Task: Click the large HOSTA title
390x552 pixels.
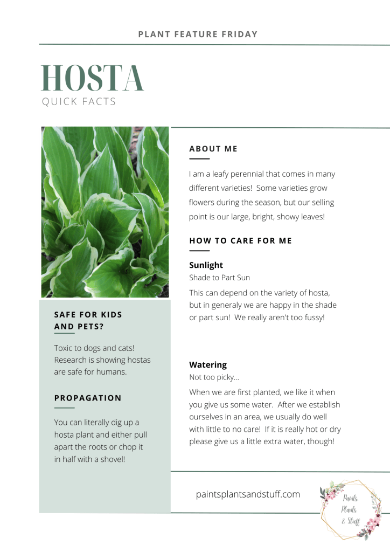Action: point(93,78)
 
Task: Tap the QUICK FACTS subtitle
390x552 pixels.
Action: point(79,101)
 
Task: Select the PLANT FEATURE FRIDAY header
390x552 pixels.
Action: point(198,34)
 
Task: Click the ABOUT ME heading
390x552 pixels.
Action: point(213,149)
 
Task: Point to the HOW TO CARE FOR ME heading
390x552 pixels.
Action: point(240,240)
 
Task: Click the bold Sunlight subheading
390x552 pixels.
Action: point(206,265)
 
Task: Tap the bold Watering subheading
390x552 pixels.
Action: point(208,365)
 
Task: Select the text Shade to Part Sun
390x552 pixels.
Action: point(219,278)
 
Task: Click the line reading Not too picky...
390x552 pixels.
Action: point(214,377)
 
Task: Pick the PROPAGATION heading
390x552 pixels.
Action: point(88,398)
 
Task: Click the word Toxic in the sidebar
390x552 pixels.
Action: point(64,348)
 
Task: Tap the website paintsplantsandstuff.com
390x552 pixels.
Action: point(248,494)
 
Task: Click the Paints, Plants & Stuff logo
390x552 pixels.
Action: point(350,509)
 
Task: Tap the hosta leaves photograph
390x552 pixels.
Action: point(105,212)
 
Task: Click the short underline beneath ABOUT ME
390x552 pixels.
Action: point(199,159)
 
